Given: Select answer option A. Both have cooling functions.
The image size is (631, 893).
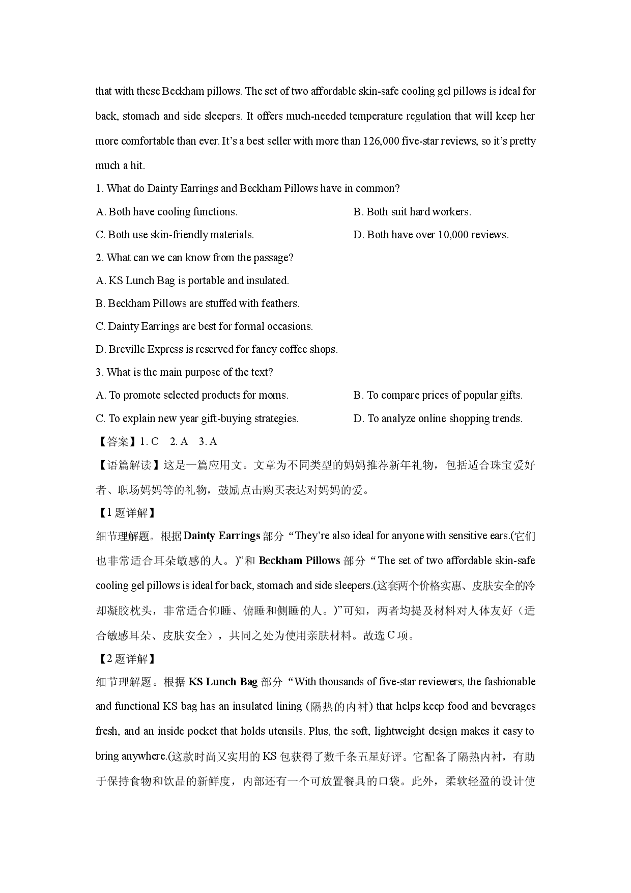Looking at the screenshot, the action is click(x=166, y=212).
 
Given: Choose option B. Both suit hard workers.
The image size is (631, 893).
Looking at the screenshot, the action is click(x=412, y=212).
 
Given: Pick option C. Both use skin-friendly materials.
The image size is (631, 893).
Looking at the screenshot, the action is click(x=175, y=235).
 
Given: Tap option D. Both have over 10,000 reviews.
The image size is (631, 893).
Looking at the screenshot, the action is click(x=431, y=235).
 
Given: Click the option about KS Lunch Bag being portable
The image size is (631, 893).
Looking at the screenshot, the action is click(x=192, y=281).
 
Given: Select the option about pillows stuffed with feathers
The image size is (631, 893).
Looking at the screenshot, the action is click(x=197, y=303).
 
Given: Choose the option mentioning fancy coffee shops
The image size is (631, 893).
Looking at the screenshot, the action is click(x=216, y=349).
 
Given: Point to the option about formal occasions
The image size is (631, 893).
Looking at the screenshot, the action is click(x=204, y=326).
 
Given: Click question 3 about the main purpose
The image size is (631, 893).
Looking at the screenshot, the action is click(x=184, y=372).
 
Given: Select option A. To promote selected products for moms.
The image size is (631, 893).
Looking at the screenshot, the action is click(x=192, y=395).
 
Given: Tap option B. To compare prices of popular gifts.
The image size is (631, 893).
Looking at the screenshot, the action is click(x=438, y=395).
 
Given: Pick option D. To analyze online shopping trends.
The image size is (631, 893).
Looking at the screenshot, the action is click(x=438, y=418).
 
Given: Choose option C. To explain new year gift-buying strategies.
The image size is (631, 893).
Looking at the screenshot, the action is click(x=197, y=418).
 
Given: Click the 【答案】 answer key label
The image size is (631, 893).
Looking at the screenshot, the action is click(x=117, y=441).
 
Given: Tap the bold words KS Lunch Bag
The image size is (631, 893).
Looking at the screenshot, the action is click(x=223, y=682).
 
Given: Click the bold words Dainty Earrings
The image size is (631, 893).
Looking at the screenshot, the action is click(x=221, y=536).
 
